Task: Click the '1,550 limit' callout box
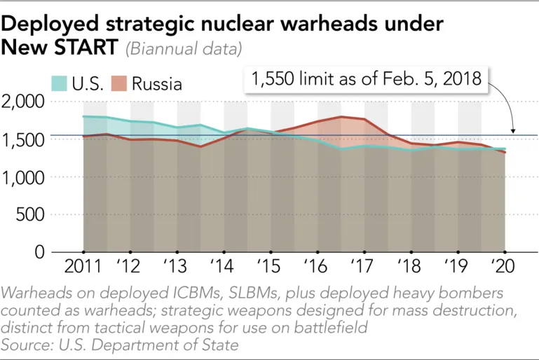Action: tap(366, 79)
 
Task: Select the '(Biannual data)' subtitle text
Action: tap(184, 49)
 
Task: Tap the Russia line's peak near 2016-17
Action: tap(341, 116)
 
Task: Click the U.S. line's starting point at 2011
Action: tap(83, 116)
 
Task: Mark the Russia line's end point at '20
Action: tap(504, 152)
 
